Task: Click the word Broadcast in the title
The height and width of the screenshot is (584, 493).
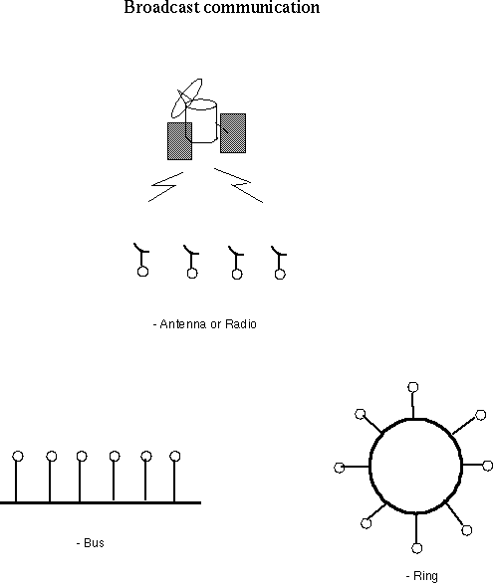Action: (x=161, y=7)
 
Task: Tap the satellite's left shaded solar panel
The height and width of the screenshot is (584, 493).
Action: (x=179, y=141)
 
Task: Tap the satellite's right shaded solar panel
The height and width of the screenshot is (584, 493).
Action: (x=233, y=133)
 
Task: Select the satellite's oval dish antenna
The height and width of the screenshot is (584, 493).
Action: (x=186, y=98)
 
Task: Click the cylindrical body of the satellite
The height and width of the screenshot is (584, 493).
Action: (x=201, y=120)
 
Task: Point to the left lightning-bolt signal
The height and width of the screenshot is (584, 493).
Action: (x=166, y=187)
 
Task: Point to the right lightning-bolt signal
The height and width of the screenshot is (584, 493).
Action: (x=239, y=185)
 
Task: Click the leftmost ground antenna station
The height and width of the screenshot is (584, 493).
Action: (x=141, y=260)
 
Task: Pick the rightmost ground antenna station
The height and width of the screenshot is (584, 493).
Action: (x=279, y=263)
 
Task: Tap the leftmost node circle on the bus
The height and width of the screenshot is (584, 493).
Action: (x=18, y=456)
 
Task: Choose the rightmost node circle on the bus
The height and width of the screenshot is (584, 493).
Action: (x=175, y=456)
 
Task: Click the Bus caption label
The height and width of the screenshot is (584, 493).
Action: (x=91, y=543)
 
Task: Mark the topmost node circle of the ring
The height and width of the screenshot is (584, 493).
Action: (x=412, y=387)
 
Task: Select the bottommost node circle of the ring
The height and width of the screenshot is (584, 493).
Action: (x=417, y=548)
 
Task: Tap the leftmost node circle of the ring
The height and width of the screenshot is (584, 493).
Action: (x=339, y=468)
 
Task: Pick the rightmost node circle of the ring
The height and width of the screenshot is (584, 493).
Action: (x=488, y=466)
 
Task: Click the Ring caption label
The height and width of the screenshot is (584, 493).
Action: (x=422, y=576)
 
